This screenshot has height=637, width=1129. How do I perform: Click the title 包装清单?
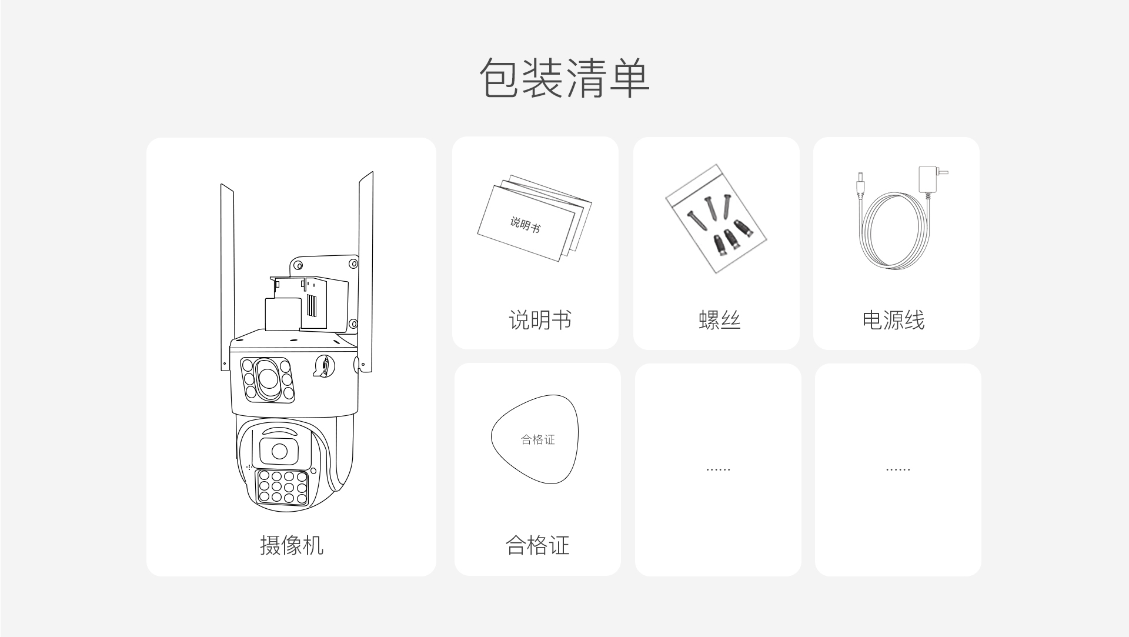[x=564, y=78]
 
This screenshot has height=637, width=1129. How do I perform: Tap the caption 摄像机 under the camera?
[x=292, y=545]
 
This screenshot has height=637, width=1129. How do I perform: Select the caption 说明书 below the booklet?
[x=540, y=320]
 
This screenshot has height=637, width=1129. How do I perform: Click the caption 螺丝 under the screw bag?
[x=719, y=320]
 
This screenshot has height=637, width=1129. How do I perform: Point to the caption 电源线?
[x=893, y=320]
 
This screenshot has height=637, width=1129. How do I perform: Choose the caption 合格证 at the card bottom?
[x=537, y=545]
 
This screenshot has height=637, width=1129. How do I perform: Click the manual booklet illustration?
[x=534, y=218]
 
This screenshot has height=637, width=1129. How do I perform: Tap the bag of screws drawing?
[x=716, y=218]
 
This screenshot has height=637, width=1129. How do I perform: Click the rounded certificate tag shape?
[x=535, y=439]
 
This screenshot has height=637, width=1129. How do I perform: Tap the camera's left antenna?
[x=227, y=276]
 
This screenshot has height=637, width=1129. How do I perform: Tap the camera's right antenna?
[x=366, y=271]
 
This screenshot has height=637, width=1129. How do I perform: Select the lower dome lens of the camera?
[x=279, y=452]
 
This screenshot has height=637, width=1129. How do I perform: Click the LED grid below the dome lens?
[x=282, y=487]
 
